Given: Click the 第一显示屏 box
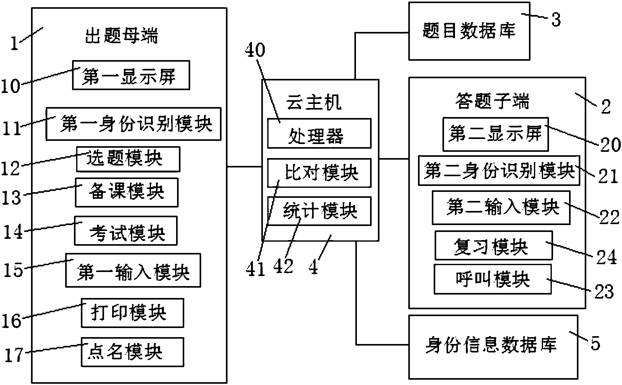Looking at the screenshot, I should click(x=131, y=75).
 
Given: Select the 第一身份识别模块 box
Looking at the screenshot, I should click(x=133, y=124).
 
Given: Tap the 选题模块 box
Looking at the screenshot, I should click(x=128, y=159).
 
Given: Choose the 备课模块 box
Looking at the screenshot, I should click(x=127, y=192).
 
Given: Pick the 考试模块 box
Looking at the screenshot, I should click(x=126, y=231).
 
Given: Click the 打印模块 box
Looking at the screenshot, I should click(x=132, y=313).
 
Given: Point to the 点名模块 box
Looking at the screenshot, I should click(x=132, y=352).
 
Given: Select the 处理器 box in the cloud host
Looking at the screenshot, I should click(x=319, y=133).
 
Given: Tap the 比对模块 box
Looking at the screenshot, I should click(x=319, y=173).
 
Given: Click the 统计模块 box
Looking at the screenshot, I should click(x=319, y=211).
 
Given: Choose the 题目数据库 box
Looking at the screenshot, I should click(x=469, y=31).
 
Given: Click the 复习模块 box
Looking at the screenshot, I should click(x=493, y=245).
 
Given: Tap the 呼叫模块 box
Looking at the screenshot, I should click(x=492, y=279).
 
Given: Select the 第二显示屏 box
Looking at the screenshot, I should click(x=495, y=134).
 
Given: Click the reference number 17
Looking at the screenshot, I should click(x=14, y=355).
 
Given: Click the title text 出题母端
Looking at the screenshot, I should click(x=122, y=35).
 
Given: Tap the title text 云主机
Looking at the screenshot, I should click(x=314, y=102).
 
